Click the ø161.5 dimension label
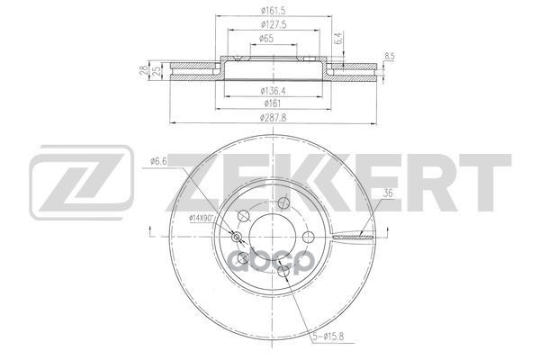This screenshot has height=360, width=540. point(273,11)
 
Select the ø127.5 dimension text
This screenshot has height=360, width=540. point(274,25)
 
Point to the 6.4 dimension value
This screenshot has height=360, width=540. point(339,38)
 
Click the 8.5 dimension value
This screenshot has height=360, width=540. point(390,58)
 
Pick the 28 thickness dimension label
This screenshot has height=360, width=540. point(144,71)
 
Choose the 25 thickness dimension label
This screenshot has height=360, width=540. point(157,71)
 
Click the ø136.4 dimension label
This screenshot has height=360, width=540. point(274,91)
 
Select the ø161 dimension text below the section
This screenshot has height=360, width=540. point(273,103)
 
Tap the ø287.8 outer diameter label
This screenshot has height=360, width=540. point(274,118)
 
